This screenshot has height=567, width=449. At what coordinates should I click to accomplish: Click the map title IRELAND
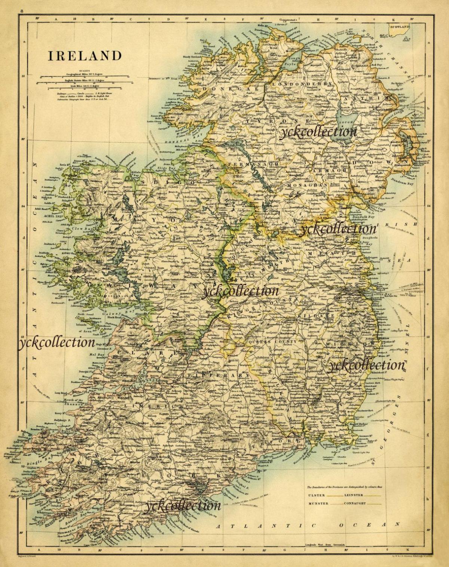85,56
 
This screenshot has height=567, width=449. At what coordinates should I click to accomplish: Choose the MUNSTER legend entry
318,503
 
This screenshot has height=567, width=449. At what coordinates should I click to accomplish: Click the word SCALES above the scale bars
85,70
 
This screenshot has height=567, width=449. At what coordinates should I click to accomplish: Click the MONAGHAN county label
307,185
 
